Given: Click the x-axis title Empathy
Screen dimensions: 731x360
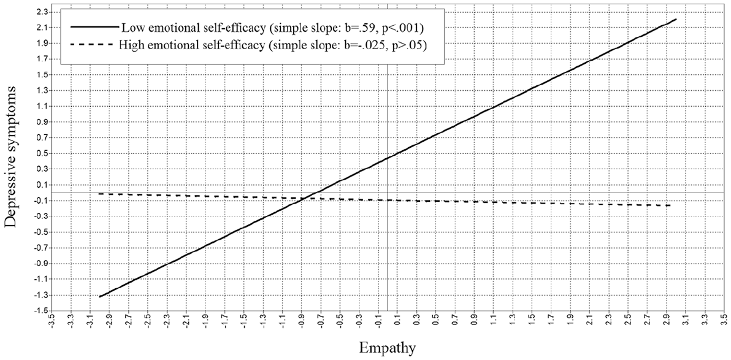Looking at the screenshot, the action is point(388,347).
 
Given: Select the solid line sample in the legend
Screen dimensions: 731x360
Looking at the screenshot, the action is point(94,27).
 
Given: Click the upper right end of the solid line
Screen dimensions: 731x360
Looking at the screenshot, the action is point(676,19).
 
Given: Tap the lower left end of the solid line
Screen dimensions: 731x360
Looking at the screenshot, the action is point(99,297).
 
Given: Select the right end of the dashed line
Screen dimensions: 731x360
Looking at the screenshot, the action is point(670,205).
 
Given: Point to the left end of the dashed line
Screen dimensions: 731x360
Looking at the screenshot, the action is point(99,194).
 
